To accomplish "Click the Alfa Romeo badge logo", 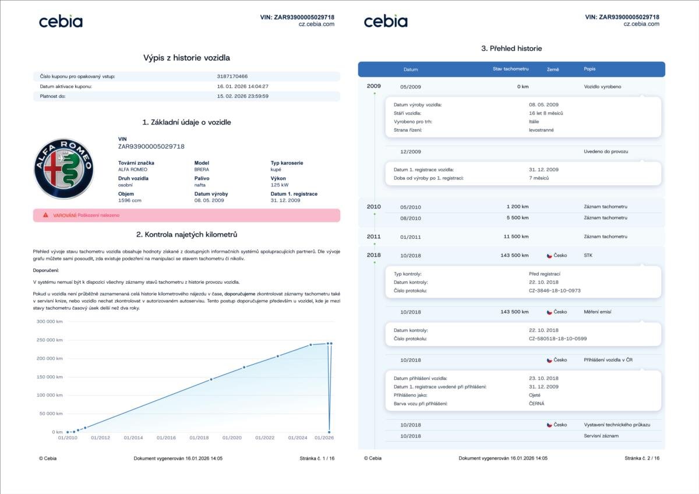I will [x=63, y=169].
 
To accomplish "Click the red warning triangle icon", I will [x=45, y=215].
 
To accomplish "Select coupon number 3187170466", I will [x=232, y=76].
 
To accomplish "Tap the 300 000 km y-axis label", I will [x=50, y=321].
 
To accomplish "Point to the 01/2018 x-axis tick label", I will [x=199, y=437].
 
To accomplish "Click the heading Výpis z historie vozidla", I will [x=186, y=58].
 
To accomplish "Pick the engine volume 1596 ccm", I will [x=129, y=200].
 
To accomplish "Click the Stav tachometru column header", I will [x=510, y=69].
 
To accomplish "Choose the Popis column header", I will [x=589, y=69].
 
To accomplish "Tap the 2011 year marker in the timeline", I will [x=373, y=237].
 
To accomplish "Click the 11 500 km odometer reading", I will [x=516, y=237].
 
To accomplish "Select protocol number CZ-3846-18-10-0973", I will [x=555, y=290].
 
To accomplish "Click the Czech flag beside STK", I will [x=549, y=255].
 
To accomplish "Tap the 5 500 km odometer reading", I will [x=518, y=218].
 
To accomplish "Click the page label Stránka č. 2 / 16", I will [x=642, y=458].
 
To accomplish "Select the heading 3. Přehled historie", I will [x=511, y=48].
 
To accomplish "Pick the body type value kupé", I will [x=276, y=170].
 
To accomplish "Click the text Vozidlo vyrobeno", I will [x=602, y=86].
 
